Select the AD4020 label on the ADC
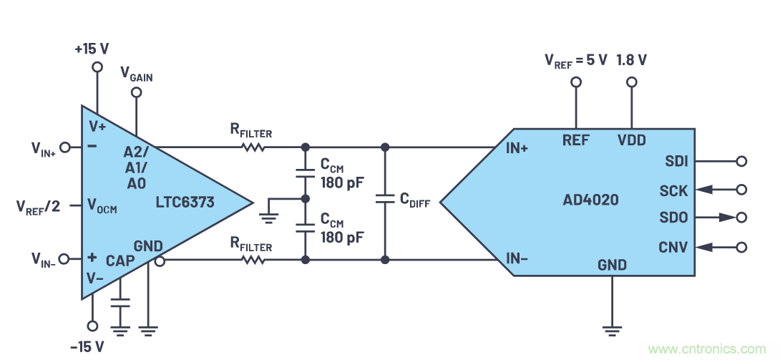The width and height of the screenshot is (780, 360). (x=590, y=201)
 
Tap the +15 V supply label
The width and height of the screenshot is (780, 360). (x=92, y=49)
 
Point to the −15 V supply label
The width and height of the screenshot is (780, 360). (x=88, y=346)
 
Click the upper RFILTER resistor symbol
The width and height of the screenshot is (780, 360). (x=253, y=147)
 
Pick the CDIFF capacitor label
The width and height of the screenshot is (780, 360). (x=415, y=201)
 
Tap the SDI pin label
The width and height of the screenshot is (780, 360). (x=676, y=161)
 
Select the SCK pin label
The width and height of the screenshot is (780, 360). (x=674, y=190)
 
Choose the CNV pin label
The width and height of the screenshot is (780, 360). (x=673, y=248)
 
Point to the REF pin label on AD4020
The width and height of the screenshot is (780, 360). (x=576, y=140)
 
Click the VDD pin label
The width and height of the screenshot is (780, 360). (x=632, y=140)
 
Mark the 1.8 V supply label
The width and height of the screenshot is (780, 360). (x=631, y=60)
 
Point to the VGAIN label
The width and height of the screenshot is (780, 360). (x=136, y=74)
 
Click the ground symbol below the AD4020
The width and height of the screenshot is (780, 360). (x=612, y=330)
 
